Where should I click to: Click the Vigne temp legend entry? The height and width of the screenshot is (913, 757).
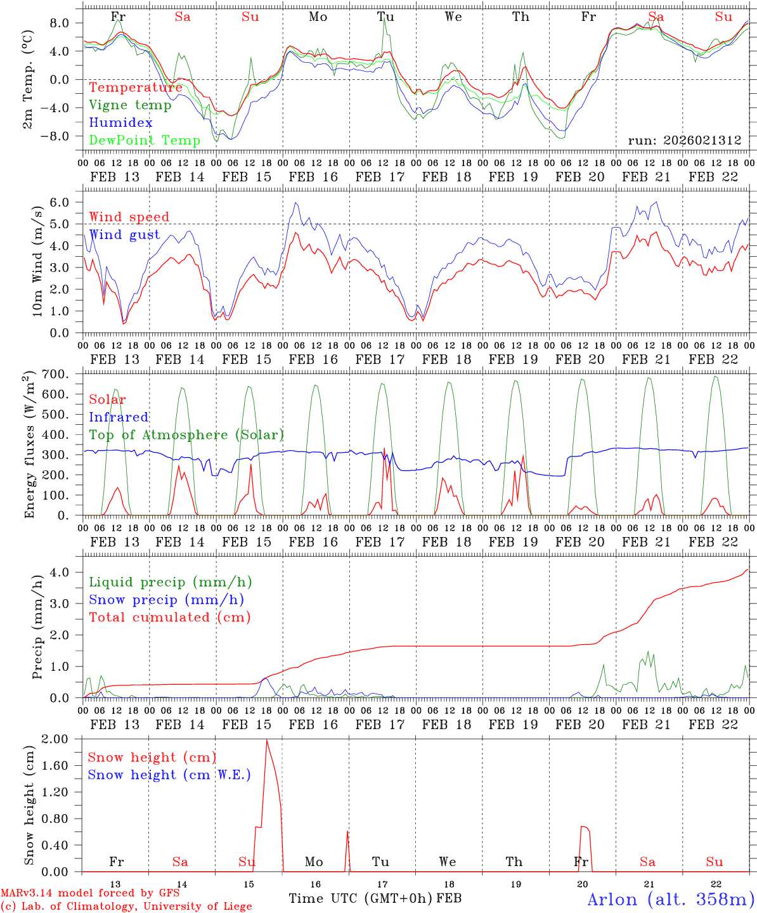[x=130, y=105]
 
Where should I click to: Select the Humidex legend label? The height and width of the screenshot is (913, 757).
[x=120, y=123]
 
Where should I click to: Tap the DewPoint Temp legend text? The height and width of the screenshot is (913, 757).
[x=145, y=140]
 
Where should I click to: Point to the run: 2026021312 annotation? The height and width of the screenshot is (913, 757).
[x=685, y=141]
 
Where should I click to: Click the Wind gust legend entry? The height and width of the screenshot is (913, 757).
[x=124, y=235]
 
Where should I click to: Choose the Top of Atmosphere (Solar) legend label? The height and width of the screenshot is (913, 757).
[x=186, y=435]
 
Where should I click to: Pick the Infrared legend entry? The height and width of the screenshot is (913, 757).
[x=119, y=417]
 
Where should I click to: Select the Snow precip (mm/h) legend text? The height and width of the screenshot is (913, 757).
[x=166, y=600]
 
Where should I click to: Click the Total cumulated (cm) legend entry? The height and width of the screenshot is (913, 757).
[x=169, y=617]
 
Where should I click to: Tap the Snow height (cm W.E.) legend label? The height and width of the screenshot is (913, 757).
[x=169, y=775]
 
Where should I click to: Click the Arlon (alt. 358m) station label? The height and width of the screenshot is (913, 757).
[x=671, y=899]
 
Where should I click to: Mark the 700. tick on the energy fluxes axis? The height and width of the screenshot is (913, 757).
[x=63, y=374]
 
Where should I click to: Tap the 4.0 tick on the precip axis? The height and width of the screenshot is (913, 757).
[x=67, y=572]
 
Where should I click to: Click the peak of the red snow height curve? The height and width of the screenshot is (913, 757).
[x=266, y=740]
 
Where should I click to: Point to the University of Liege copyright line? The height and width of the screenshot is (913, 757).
[x=126, y=906]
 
